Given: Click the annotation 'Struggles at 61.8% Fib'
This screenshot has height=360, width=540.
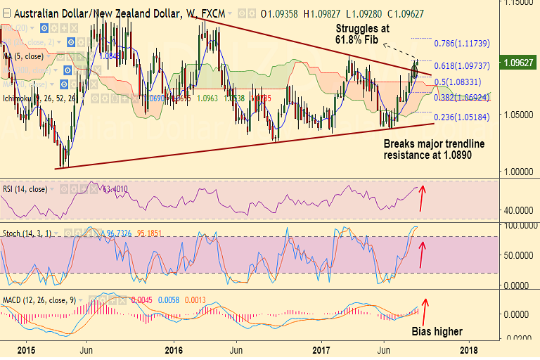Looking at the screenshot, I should tap(363, 33).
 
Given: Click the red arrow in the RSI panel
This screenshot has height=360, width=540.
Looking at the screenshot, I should tap(422, 198).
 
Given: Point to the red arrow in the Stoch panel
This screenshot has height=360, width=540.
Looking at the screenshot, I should tap(422, 254).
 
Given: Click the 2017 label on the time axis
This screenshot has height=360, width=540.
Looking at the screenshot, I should tap(322, 349).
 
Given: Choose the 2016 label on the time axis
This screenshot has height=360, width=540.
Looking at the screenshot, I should tap(174, 349).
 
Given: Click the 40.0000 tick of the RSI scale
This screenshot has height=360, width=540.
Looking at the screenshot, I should tap(517, 210).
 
